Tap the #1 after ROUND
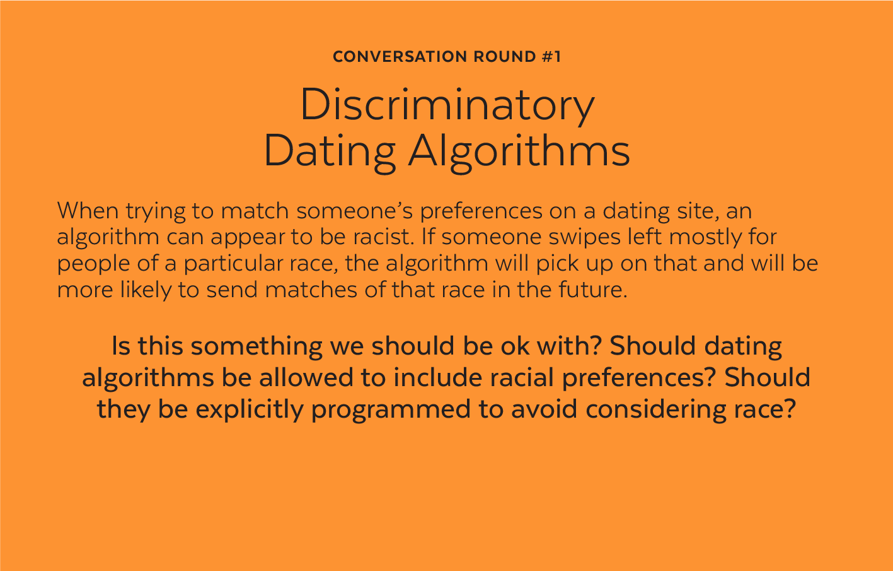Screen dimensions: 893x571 (x=551, y=57)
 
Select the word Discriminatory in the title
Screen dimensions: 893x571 (x=447, y=105)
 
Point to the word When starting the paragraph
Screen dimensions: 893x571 (x=88, y=210)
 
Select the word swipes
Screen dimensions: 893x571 (x=584, y=237)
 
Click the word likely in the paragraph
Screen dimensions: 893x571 (x=146, y=290)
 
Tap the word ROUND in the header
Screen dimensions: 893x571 (x=505, y=57)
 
